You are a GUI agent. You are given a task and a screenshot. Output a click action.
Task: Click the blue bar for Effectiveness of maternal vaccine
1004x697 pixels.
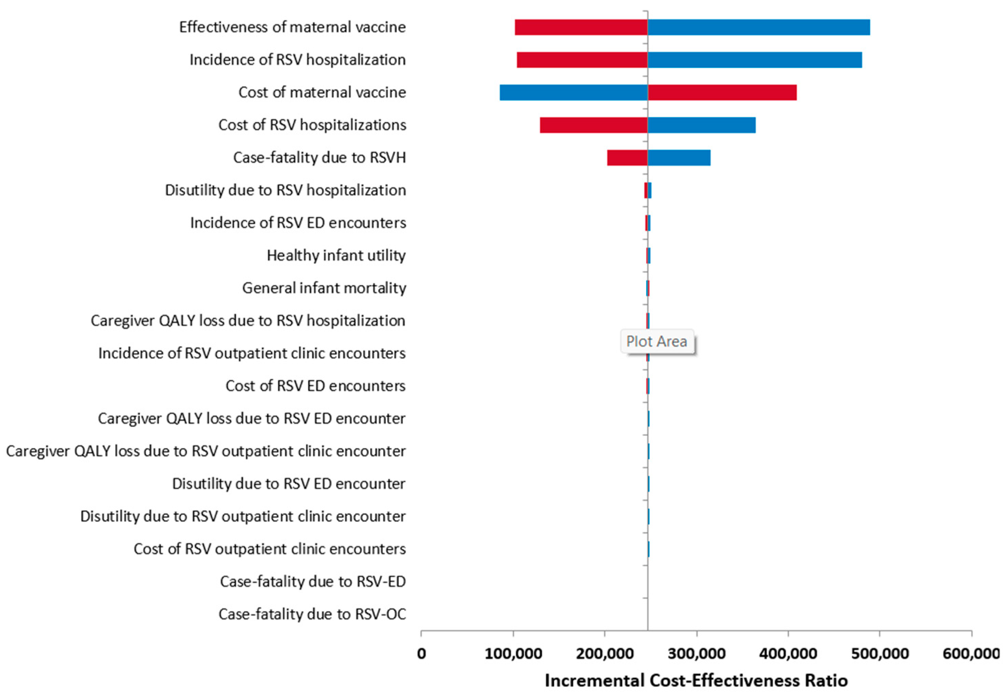click(x=758, y=27)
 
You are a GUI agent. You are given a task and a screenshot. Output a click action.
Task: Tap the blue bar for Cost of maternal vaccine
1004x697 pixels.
click(x=573, y=92)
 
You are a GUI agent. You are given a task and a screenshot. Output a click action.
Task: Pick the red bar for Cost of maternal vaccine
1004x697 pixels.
click(x=722, y=92)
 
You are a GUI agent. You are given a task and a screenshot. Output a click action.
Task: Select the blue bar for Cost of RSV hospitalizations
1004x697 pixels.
click(x=701, y=125)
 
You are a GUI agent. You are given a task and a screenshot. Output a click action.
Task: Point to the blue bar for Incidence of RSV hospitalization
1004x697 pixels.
click(x=754, y=60)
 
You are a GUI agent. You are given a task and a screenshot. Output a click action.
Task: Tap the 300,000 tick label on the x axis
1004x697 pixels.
click(x=696, y=654)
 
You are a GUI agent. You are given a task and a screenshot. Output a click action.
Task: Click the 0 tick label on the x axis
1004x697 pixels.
click(x=421, y=654)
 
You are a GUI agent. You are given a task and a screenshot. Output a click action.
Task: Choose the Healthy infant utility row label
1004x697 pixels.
click(x=336, y=256)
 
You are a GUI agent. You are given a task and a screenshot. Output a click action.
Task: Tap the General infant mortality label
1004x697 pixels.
click(x=324, y=288)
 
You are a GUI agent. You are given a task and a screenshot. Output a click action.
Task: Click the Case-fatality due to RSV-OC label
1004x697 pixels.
click(x=312, y=614)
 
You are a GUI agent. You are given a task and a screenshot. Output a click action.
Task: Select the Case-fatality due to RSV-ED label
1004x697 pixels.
click(x=312, y=582)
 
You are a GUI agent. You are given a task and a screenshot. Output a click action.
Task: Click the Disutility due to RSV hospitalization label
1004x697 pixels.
click(x=285, y=190)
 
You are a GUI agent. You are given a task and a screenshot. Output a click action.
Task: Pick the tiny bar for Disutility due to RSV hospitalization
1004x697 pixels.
click(x=648, y=190)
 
